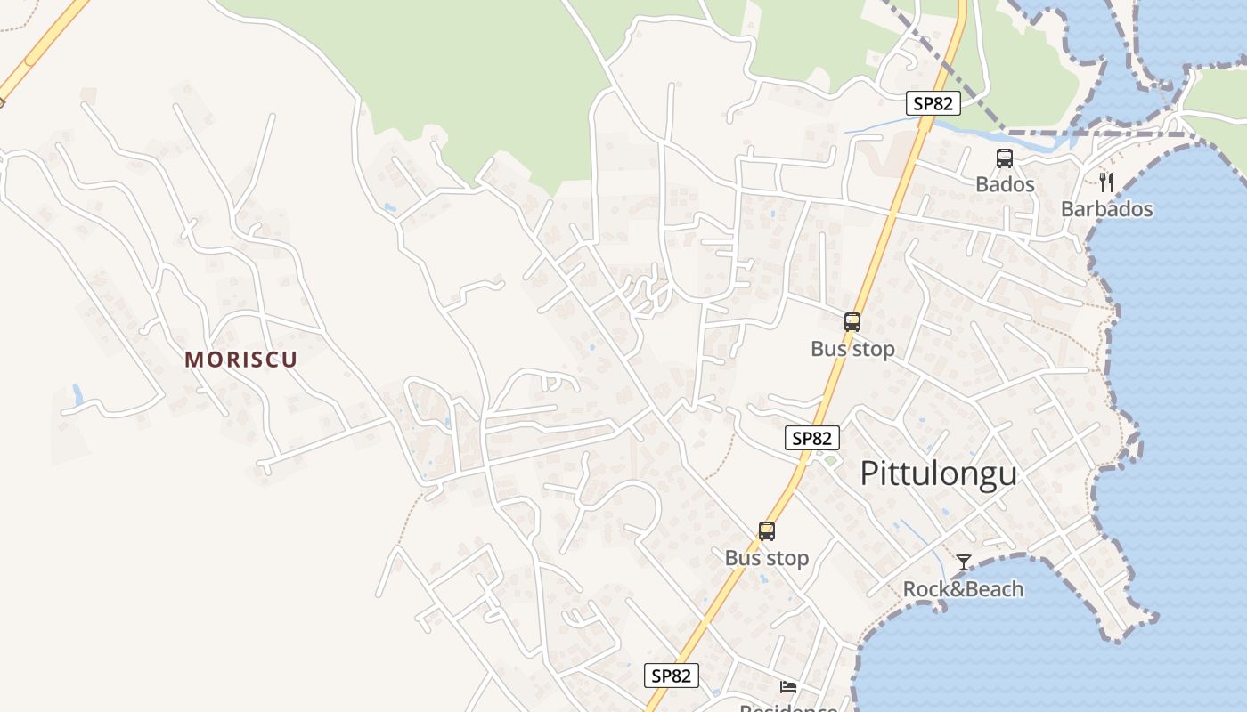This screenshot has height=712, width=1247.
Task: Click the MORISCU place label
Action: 240,360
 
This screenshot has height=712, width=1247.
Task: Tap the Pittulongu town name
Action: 938,473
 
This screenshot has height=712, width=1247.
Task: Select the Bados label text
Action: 1005,184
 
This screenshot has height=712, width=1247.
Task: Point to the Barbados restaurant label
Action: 1106,209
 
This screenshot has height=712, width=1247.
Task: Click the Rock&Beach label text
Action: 963,589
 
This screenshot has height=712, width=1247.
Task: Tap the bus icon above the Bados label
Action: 1005,158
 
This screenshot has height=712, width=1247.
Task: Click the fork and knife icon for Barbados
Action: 1106,182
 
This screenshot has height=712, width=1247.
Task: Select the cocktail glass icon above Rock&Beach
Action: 963,562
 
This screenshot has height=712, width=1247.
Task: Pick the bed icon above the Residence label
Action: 788,686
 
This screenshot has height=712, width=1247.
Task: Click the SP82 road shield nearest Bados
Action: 933,103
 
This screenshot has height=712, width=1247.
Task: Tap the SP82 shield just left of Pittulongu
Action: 812,438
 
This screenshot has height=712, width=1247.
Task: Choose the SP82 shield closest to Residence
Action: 671,676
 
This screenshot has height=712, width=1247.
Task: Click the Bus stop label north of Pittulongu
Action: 852,349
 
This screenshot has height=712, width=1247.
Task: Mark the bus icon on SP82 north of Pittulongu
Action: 852,322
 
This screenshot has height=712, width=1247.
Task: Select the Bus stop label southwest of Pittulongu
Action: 766,558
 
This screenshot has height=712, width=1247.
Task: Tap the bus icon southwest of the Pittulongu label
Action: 766,531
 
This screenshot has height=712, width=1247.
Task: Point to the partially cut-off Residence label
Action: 788,708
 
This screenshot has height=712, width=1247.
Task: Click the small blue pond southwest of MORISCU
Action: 77,394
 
